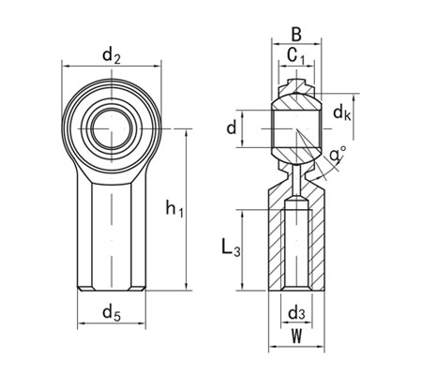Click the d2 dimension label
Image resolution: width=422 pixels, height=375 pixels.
pyautogui.click(x=111, y=57)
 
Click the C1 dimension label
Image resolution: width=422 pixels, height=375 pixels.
pyautogui.click(x=295, y=59)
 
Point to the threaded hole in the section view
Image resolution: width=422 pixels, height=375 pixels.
pyautogui.click(x=295, y=248)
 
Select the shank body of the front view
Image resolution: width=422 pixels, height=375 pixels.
pyautogui.click(x=111, y=234)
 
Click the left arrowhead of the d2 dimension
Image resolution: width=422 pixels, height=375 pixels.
pyautogui.click(x=66, y=67)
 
